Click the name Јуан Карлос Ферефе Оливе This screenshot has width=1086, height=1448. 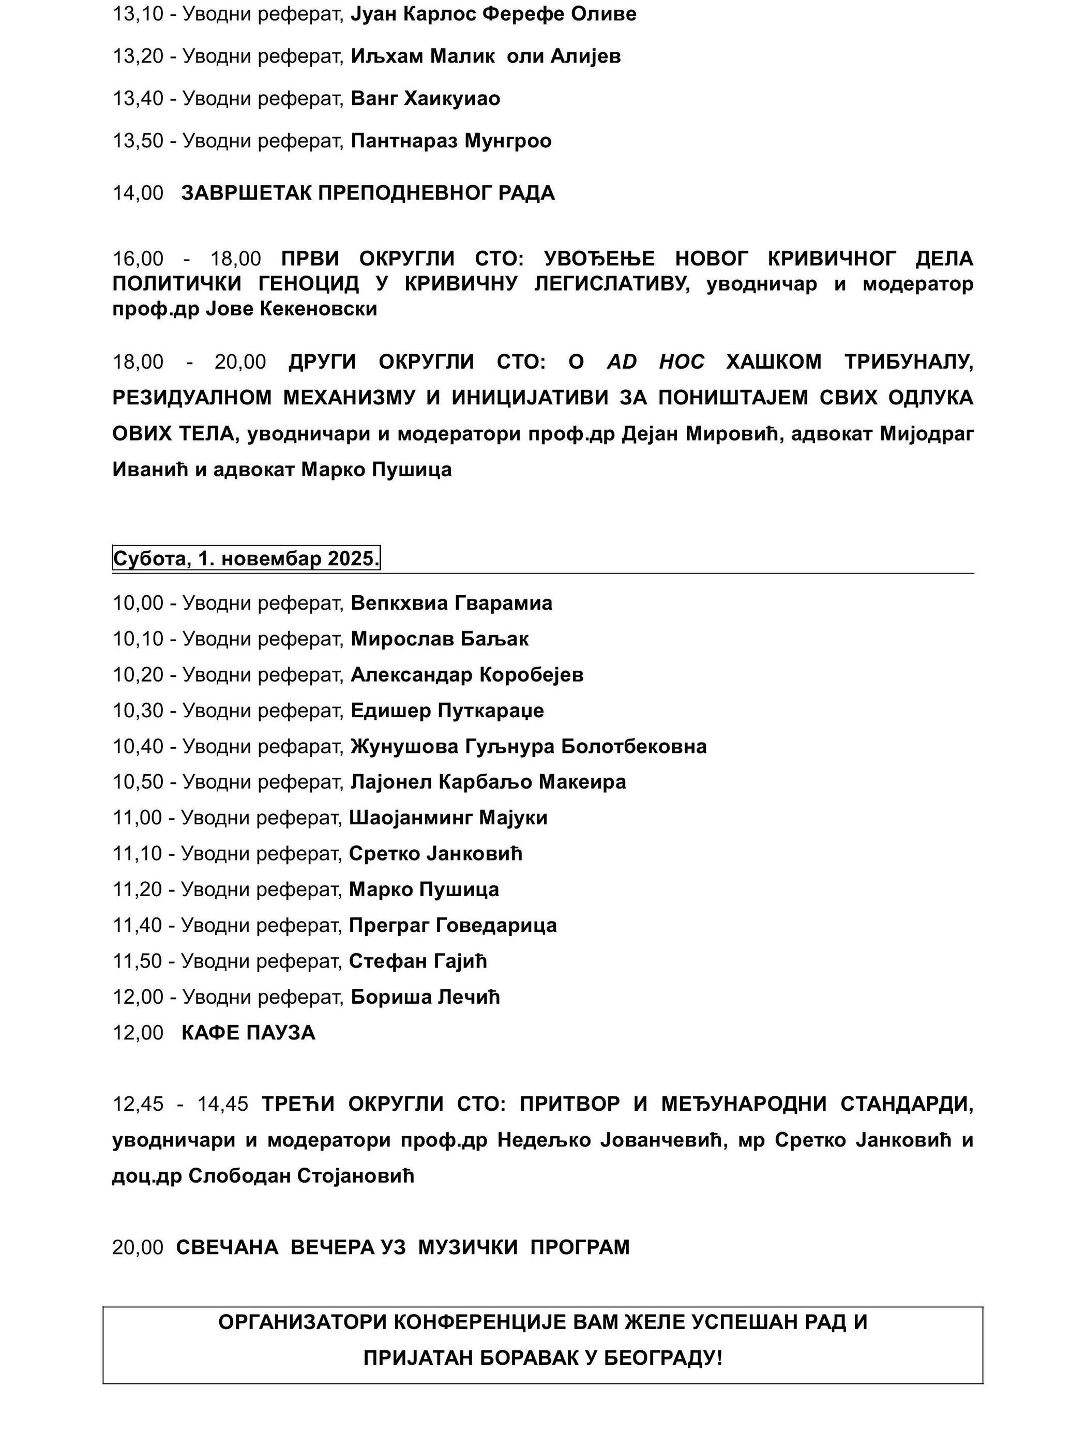(x=493, y=14)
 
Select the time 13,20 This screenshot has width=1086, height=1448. (x=138, y=56)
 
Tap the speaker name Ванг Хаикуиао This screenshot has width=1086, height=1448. (x=426, y=99)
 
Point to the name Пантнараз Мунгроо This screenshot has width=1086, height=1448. (x=451, y=141)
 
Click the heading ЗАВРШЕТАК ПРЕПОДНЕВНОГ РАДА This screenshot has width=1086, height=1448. (x=368, y=193)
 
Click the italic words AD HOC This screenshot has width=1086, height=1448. (x=655, y=362)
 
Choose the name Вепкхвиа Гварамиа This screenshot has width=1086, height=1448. (x=451, y=603)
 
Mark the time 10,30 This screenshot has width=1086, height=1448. (x=138, y=710)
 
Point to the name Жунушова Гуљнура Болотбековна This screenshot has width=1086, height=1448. (x=529, y=746)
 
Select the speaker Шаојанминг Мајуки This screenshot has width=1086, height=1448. (x=448, y=818)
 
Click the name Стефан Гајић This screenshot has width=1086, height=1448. (x=418, y=961)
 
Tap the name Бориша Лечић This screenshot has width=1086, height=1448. (x=425, y=997)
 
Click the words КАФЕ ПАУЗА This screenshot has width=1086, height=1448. (x=248, y=1033)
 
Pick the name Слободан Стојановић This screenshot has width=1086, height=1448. (x=301, y=1176)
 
